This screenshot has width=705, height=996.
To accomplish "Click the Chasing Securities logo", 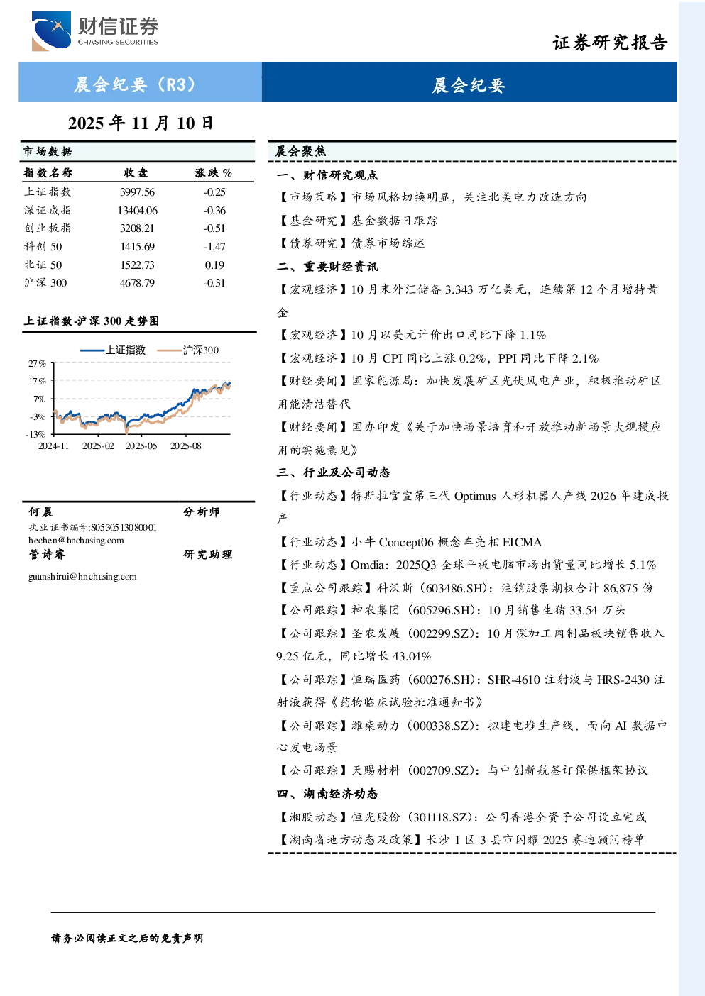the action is [95, 31].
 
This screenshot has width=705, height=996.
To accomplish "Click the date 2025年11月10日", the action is [141, 123].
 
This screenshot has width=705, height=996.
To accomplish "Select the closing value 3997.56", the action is [137, 192].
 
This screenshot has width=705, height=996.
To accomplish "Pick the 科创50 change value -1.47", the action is [214, 246].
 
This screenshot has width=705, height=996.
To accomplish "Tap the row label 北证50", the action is [43, 265].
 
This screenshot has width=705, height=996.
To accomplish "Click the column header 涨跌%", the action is [213, 172].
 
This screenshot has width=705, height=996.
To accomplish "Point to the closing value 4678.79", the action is [137, 283].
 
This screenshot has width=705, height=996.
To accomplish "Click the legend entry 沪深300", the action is [188, 350].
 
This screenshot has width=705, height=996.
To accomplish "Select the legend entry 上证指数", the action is [113, 350].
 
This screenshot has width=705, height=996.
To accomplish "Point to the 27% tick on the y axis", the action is [38, 364].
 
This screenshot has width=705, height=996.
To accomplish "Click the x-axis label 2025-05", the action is [141, 446].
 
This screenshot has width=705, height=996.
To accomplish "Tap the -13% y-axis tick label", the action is [35, 434].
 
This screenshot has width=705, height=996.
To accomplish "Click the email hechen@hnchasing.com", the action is [76, 541].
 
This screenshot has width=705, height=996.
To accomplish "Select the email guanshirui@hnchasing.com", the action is [82, 577].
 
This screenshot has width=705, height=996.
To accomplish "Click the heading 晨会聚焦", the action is [300, 151].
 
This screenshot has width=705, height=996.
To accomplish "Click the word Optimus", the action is [475, 496].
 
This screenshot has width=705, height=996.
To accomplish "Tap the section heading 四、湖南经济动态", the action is [327, 794].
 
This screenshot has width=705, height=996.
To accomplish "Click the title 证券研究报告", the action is [610, 43].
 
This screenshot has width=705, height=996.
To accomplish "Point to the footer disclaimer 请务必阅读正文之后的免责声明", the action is [127, 939].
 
